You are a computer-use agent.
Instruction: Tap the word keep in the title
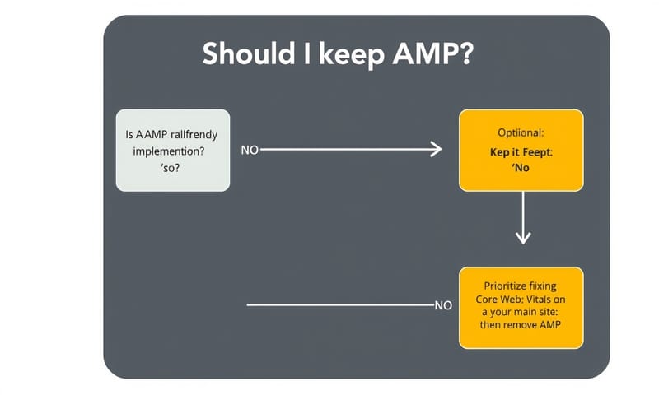coord(337,54)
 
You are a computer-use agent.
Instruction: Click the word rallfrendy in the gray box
coord(196,135)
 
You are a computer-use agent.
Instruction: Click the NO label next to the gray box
coord(250,151)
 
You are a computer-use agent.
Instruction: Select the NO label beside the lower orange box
coord(443,305)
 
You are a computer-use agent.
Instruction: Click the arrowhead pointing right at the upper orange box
coord(435,151)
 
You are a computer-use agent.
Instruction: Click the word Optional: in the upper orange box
coord(521,132)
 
